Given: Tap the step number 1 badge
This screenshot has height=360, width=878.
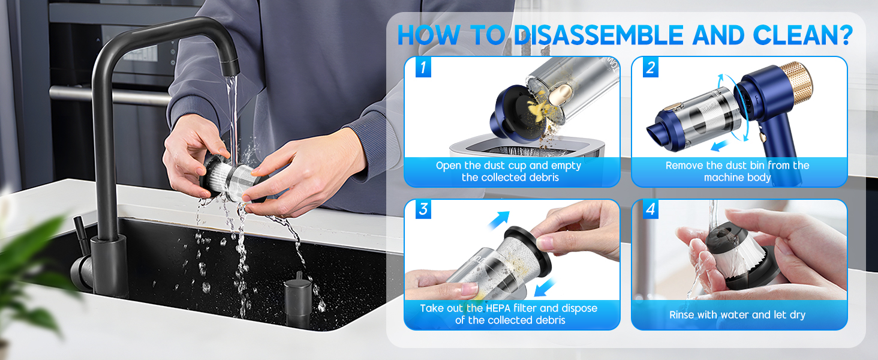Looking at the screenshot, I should [x=423, y=68].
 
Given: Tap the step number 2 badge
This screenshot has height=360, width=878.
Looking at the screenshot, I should [x=650, y=68].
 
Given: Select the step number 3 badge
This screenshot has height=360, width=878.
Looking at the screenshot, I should [x=423, y=210].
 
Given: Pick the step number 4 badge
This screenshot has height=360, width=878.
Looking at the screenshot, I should [x=650, y=210].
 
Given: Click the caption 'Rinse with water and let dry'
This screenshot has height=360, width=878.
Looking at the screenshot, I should [x=737, y=314].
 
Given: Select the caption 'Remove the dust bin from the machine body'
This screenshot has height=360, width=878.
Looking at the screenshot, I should [x=737, y=172].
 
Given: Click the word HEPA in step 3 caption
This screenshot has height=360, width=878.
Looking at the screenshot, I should [x=498, y=308].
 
